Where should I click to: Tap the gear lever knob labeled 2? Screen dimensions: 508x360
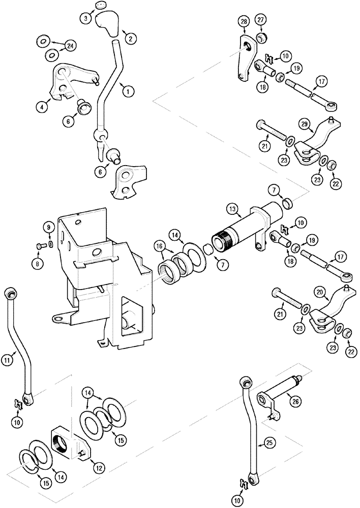109,23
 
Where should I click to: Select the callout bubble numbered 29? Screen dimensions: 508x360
304,123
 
